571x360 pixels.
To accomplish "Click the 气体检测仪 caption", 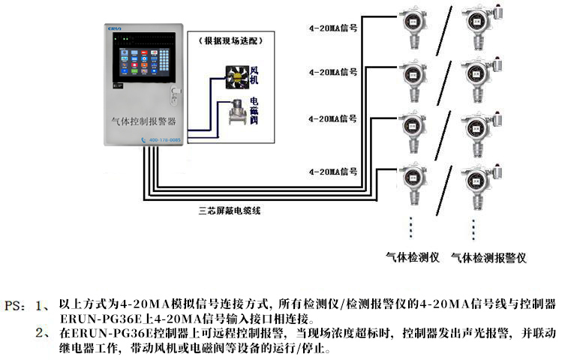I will (x=411, y=257).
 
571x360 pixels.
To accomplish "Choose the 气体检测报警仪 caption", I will (x=488, y=257).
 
